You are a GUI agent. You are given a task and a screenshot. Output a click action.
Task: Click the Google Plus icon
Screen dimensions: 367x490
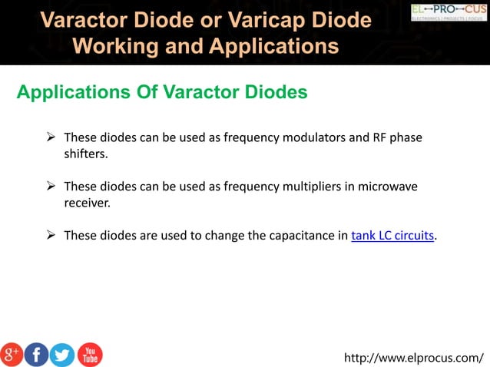12,354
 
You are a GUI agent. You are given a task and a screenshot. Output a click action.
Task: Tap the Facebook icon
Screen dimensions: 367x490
37,354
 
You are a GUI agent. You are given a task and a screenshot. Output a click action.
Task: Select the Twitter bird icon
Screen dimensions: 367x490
62,354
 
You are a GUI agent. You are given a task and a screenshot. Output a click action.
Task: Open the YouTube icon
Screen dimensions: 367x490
89,354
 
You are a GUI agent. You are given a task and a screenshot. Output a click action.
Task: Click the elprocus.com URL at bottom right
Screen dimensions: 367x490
414,357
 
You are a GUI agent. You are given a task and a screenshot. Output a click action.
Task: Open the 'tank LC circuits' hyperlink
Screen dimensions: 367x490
392,236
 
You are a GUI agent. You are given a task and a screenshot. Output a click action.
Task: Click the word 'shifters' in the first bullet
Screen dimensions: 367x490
85,154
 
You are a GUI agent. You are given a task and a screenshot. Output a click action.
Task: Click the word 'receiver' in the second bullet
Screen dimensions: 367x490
86,203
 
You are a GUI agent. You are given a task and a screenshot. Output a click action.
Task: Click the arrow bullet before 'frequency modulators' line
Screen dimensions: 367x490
51,137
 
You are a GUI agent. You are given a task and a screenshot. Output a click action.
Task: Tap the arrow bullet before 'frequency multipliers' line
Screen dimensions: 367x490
51,187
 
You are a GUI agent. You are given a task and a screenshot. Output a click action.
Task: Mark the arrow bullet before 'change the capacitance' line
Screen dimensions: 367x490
51,236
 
